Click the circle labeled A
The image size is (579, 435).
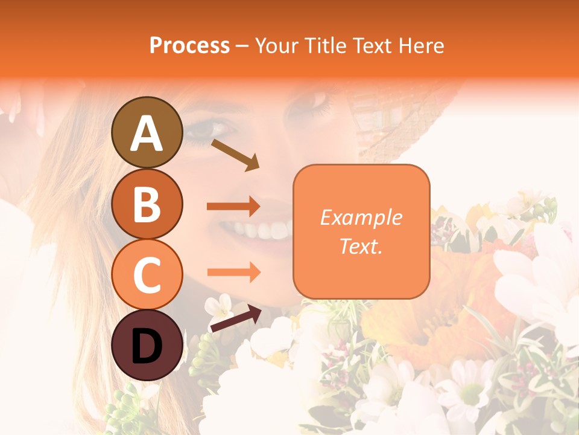point(147,132)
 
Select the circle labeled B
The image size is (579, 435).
point(147,203)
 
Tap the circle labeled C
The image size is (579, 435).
point(147,274)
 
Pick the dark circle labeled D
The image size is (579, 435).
point(147,345)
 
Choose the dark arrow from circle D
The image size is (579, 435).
point(236,318)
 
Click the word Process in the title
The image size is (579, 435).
point(189,45)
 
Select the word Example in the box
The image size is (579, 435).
point(361,217)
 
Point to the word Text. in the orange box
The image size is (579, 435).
point(361,246)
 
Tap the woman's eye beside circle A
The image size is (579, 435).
point(205,128)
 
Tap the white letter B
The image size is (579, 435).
point(147,203)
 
